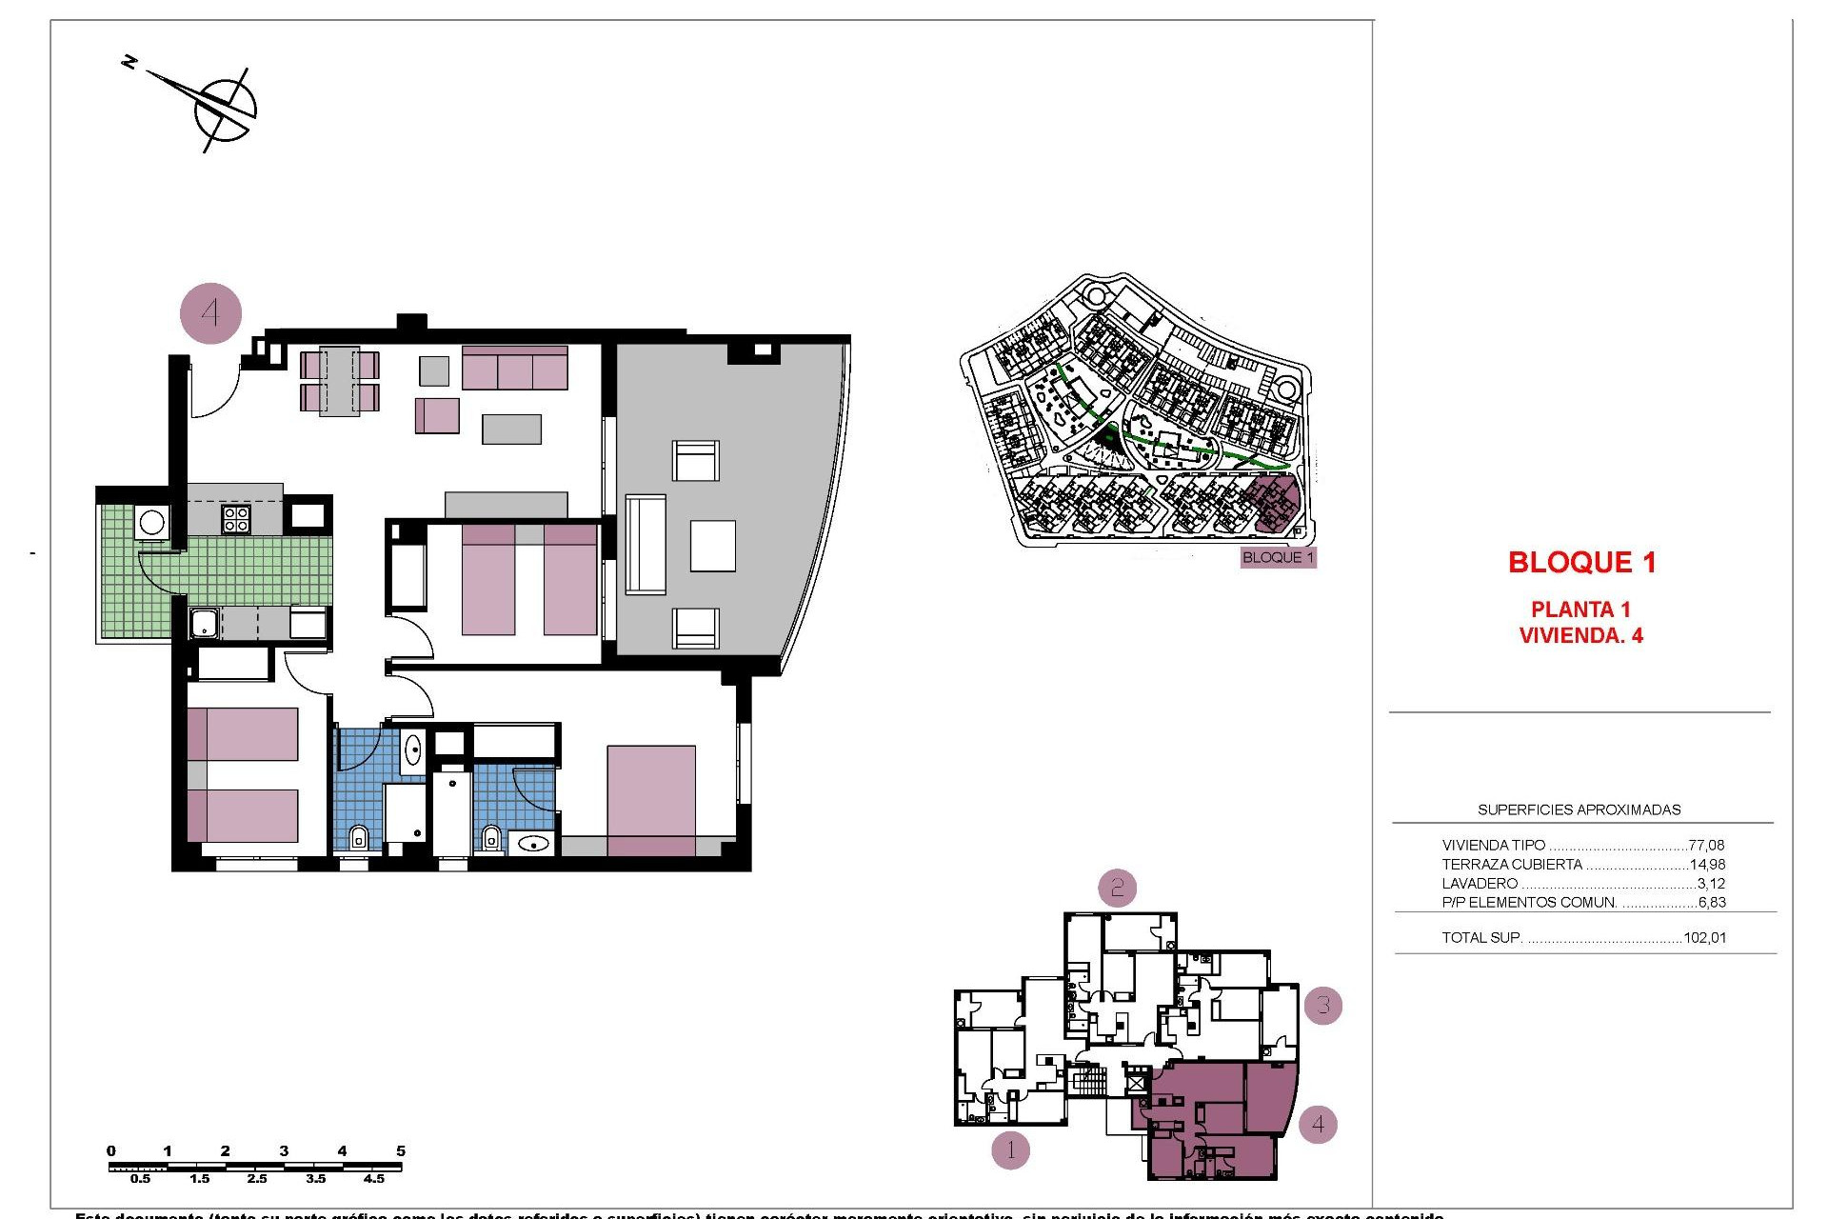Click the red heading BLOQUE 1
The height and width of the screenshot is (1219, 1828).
coord(1581,563)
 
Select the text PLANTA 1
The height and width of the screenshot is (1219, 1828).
coord(1580,609)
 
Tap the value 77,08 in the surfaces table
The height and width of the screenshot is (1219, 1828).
coord(1706,845)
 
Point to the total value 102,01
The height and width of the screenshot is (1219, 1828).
coord(1704,937)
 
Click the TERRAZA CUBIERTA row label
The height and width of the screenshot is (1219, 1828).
coord(1512,865)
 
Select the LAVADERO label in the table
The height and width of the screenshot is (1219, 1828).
coord(1480,884)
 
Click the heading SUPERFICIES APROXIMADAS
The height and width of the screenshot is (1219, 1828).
coord(1579,809)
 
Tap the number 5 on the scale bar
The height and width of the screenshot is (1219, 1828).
coord(401,1150)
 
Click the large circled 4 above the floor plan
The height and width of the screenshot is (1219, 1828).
coord(211,312)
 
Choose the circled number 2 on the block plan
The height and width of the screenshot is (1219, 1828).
coord(1118,889)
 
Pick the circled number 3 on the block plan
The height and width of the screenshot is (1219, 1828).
coord(1322,1005)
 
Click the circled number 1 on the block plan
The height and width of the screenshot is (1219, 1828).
coord(1010,1150)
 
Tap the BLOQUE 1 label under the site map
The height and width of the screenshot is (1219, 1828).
coord(1278,557)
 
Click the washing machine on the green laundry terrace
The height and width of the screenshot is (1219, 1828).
coord(151,521)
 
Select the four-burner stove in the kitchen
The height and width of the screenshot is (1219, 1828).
coord(236,518)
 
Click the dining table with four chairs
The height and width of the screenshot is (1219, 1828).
coord(339,381)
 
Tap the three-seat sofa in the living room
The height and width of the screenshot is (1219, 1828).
coord(515,368)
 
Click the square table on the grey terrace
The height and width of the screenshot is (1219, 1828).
coord(712,546)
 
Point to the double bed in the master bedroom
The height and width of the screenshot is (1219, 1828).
coord(651,800)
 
